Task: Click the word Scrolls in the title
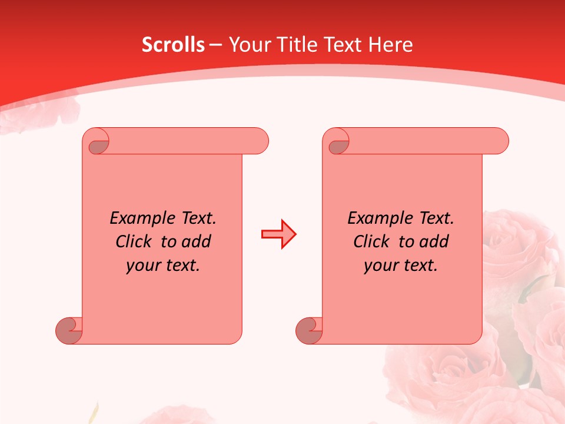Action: pyautogui.click(x=173, y=45)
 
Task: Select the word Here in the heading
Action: pyautogui.click(x=390, y=45)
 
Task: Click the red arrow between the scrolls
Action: pyautogui.click(x=278, y=234)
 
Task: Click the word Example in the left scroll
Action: pyautogui.click(x=137, y=218)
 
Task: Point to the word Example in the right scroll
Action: pyautogui.click(x=374, y=218)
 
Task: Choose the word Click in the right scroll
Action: pyautogui.click(x=371, y=242)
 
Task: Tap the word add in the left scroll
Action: pyautogui.click(x=197, y=242)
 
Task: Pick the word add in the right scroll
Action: pyautogui.click(x=435, y=242)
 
